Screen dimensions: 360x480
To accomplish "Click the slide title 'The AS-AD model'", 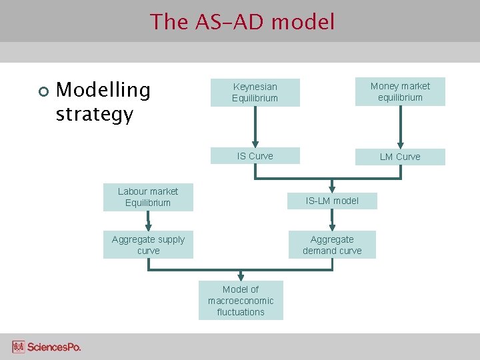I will click(242, 22).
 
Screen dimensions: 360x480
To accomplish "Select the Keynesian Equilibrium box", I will click(255, 93).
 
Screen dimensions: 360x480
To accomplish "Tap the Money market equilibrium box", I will click(400, 92).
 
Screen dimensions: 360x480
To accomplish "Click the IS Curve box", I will click(255, 156).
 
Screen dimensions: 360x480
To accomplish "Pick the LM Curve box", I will click(400, 157).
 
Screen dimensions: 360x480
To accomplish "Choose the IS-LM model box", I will click(332, 201).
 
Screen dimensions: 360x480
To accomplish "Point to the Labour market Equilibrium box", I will click(148, 197).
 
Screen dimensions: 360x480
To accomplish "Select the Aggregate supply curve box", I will click(148, 245).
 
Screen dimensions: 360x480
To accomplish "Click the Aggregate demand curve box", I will click(332, 245).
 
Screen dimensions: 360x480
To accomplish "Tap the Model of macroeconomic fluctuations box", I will click(241, 300).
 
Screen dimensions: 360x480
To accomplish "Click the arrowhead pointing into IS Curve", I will click(255, 143).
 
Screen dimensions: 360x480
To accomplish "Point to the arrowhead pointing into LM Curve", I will click(400, 143).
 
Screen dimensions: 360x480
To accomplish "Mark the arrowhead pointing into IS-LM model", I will click(332, 188).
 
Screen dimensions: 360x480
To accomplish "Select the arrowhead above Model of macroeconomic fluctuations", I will click(241, 276).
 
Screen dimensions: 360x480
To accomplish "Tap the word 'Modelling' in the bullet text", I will click(103, 90).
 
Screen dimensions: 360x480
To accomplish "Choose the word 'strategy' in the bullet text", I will click(95, 114).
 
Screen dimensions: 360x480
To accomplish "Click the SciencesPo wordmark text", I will click(54, 347).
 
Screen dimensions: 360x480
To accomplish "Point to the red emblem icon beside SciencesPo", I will click(19, 347).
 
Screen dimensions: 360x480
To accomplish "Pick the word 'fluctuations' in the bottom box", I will click(241, 312).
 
